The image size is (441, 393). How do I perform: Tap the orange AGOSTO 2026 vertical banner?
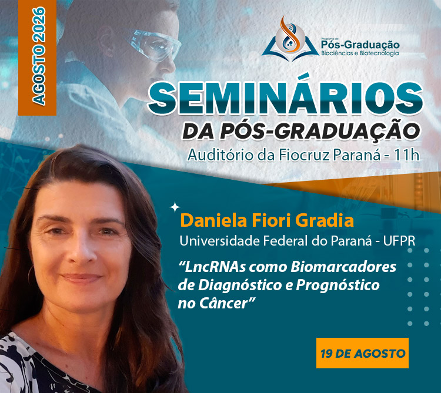38,58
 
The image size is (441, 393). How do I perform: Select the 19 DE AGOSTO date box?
362,353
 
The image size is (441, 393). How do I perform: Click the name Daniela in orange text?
214,220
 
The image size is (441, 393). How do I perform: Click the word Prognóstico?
338,285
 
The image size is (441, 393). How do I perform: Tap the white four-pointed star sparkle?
175,207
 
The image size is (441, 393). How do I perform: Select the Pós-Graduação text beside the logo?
360,45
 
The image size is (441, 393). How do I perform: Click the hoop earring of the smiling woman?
30,274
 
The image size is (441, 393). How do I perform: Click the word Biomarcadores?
343,267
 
